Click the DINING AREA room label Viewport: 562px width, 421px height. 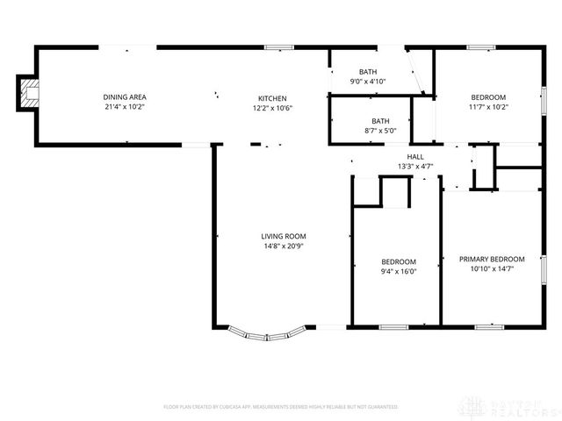tap(125, 97)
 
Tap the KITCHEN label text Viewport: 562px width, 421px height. tap(272, 98)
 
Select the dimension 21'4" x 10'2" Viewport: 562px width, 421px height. tap(125, 108)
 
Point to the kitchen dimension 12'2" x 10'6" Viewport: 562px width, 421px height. tap(272, 109)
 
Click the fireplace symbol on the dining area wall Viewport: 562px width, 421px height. tap(29, 92)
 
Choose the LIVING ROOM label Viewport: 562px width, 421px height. tap(284, 236)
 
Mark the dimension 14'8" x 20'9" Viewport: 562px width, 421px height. tap(284, 246)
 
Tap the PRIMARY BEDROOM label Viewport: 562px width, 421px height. tap(492, 259)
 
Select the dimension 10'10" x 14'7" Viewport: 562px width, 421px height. tap(492, 269)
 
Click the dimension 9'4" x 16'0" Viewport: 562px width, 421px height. tap(399, 272)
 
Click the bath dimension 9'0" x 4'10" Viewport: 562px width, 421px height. tap(367, 82)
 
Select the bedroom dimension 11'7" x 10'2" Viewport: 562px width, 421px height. tap(488, 108)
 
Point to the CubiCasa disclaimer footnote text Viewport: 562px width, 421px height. tap(281, 407)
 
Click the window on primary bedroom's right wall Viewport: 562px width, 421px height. tap(544, 268)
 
